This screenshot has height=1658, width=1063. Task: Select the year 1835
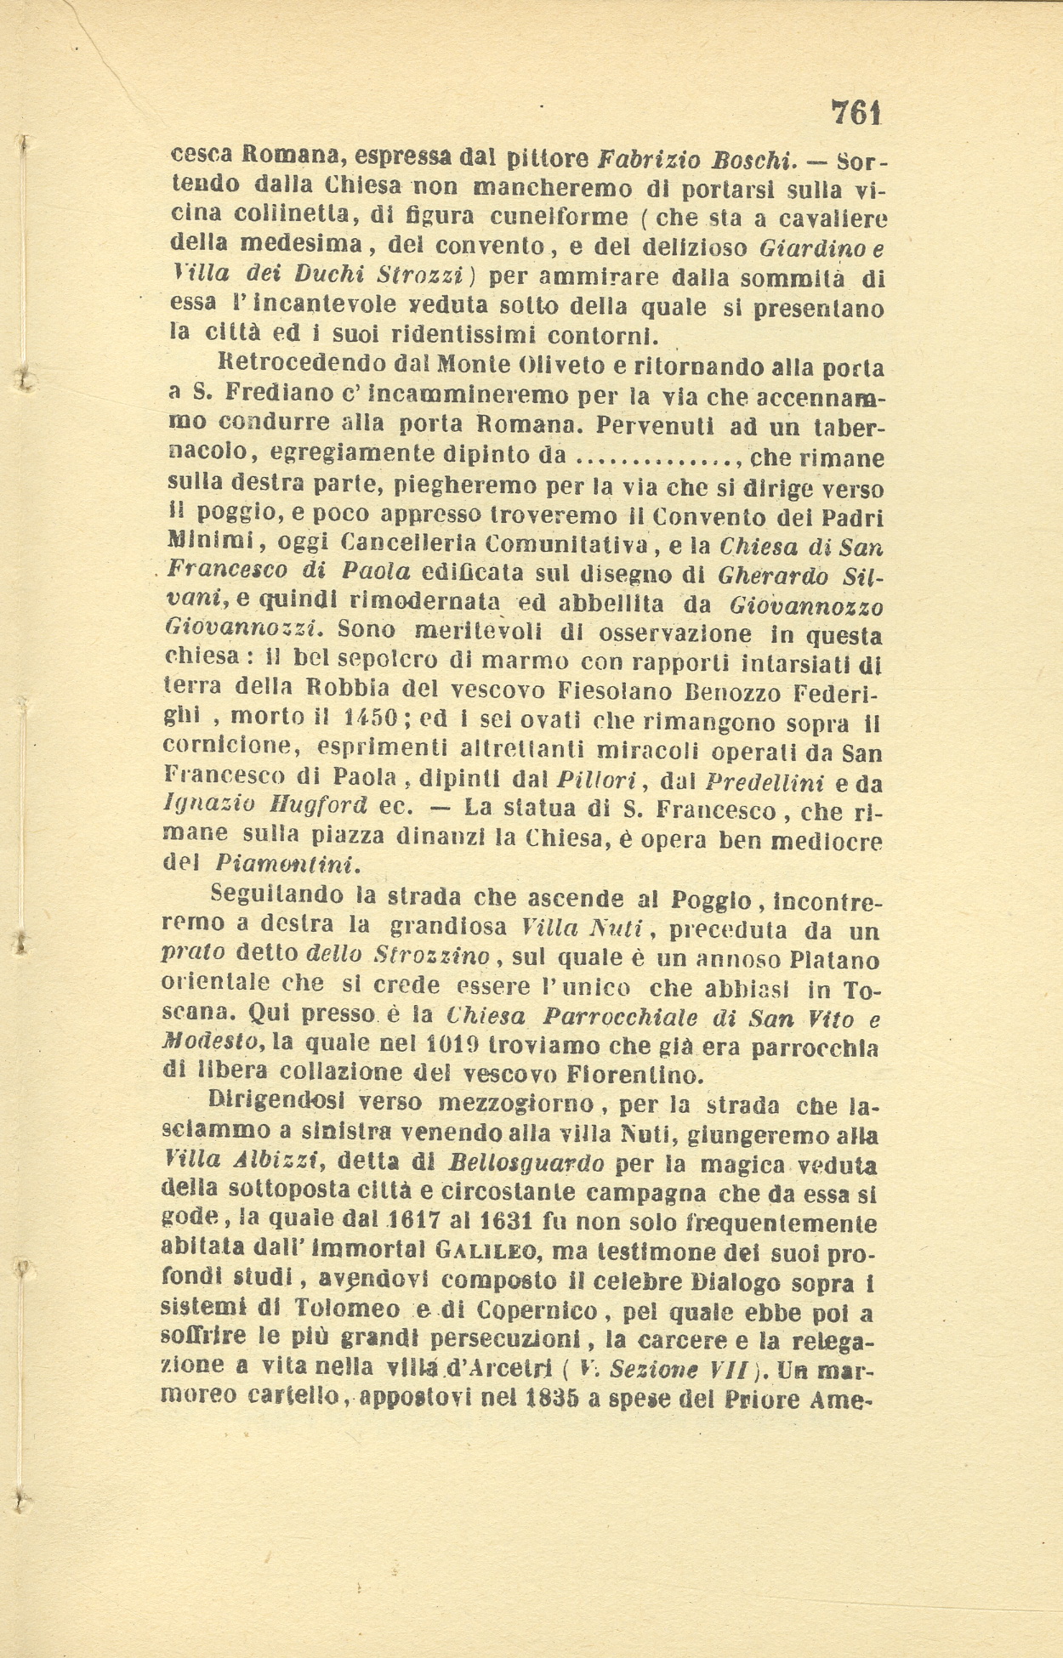[x=544, y=1399]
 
